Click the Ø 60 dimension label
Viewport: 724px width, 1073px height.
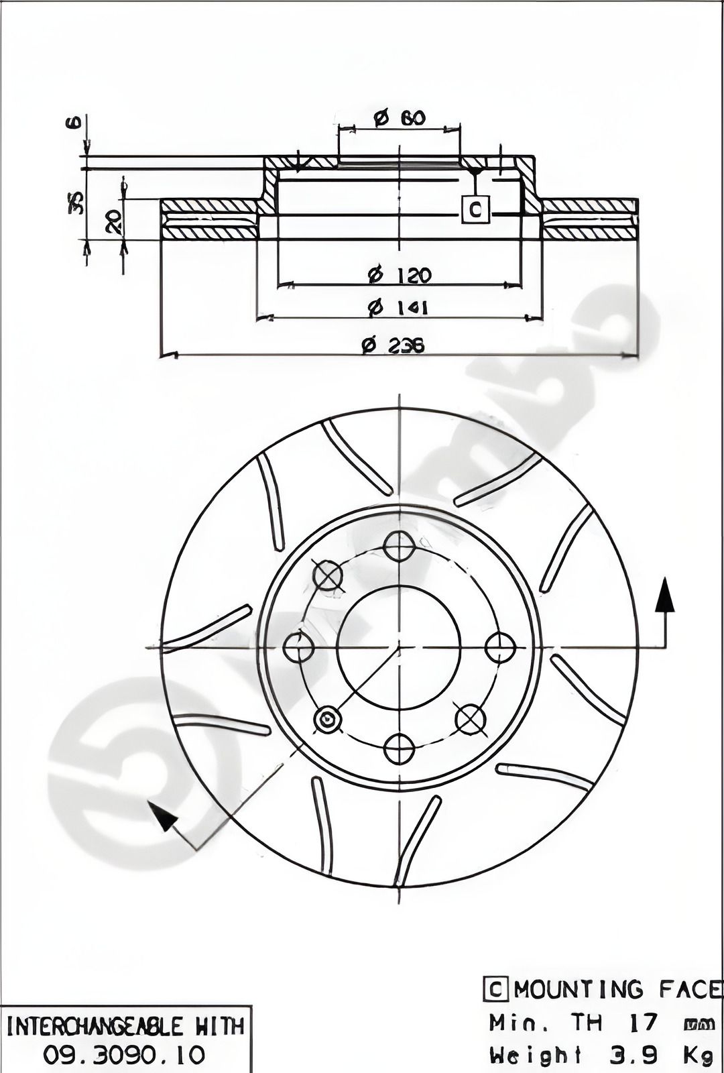coord(400,118)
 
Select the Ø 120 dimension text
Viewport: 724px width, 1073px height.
coord(400,274)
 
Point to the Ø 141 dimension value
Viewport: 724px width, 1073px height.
coord(400,308)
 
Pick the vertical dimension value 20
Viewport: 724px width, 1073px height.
coord(114,221)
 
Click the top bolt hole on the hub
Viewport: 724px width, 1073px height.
coord(399,546)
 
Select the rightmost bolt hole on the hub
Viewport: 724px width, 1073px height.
coord(500,648)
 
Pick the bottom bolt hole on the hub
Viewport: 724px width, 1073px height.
coord(399,749)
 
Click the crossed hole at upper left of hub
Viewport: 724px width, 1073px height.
coord(328,575)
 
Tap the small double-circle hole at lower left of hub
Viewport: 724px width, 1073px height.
coord(328,720)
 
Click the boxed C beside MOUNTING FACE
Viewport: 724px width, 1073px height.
coord(495,989)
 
